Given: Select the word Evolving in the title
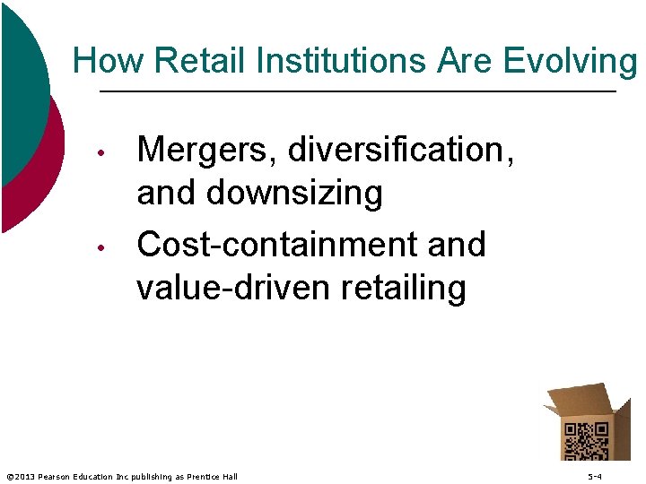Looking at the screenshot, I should tap(571, 61).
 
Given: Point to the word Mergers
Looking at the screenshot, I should tap(208, 151).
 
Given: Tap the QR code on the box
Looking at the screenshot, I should tap(585, 440).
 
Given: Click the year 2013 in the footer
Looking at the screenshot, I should tap(24, 477).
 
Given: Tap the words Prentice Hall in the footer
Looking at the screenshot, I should tap(213, 477).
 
